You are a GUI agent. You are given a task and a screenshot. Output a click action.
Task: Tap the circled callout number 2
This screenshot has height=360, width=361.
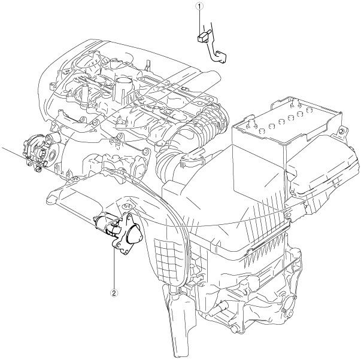(x=114, y=293)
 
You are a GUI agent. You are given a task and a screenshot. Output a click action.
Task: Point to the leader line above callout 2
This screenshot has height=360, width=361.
(x=114, y=269)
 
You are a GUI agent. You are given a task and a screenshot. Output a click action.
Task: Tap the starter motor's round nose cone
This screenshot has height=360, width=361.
(x=134, y=235)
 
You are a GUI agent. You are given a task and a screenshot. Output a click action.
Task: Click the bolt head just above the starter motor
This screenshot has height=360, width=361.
(x=126, y=206)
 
